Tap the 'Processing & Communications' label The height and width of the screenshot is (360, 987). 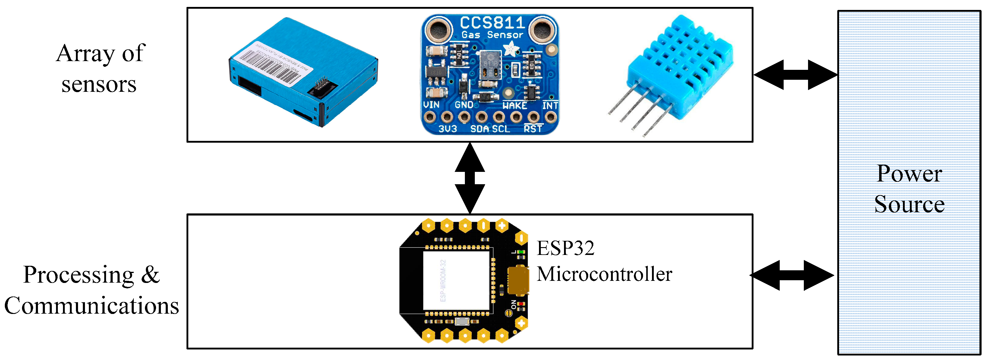pyautogui.click(x=91, y=290)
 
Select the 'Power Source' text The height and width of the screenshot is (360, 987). pyautogui.click(x=909, y=189)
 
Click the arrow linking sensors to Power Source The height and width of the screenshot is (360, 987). pyautogui.click(x=795, y=75)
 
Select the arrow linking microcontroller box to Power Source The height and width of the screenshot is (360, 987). pyautogui.click(x=791, y=275)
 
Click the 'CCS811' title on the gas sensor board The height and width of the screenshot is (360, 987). pyautogui.click(x=492, y=23)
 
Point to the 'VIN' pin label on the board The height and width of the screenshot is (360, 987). pyautogui.click(x=431, y=104)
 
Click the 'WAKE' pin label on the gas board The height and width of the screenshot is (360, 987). pyautogui.click(x=515, y=105)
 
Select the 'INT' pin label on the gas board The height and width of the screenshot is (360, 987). pyautogui.click(x=550, y=105)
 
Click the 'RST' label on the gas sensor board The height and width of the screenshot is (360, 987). pyautogui.click(x=533, y=129)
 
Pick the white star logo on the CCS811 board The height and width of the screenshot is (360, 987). pyautogui.click(x=511, y=49)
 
